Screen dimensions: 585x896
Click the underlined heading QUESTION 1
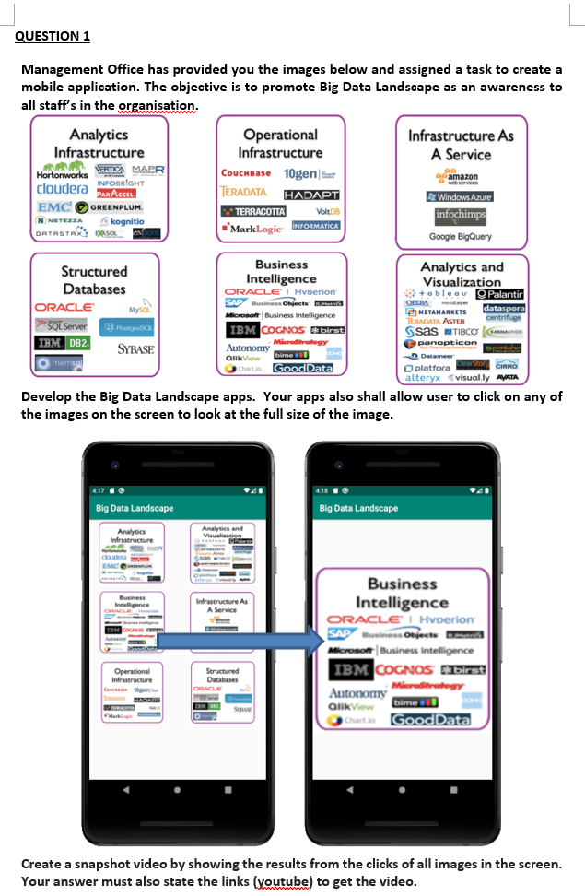coord(53,36)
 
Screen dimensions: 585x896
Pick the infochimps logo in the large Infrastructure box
coord(461,216)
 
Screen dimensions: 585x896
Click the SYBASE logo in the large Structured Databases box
coord(135,349)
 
